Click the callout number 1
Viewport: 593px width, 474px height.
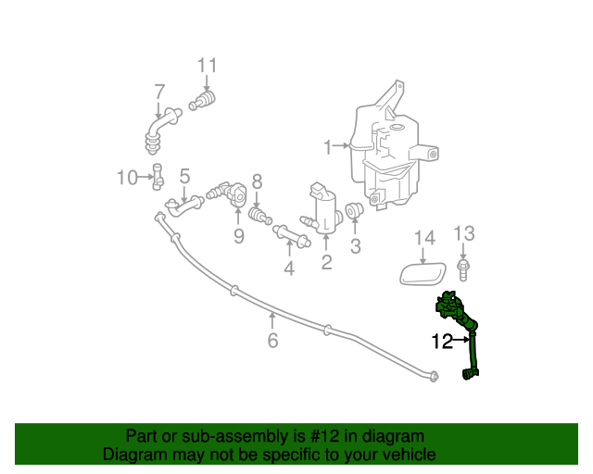pos(327,146)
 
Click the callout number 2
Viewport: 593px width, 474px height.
pos(326,263)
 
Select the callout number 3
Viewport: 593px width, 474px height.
pos(356,246)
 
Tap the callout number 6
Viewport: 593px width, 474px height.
pos(272,341)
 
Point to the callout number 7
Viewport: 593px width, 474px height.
pos(159,92)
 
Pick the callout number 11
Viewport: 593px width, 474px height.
pos(207,65)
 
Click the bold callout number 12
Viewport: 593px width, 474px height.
pos(442,341)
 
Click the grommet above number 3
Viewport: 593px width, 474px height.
pos(354,212)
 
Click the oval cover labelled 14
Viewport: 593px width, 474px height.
pos(422,273)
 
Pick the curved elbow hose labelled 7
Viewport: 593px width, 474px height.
pos(158,128)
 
